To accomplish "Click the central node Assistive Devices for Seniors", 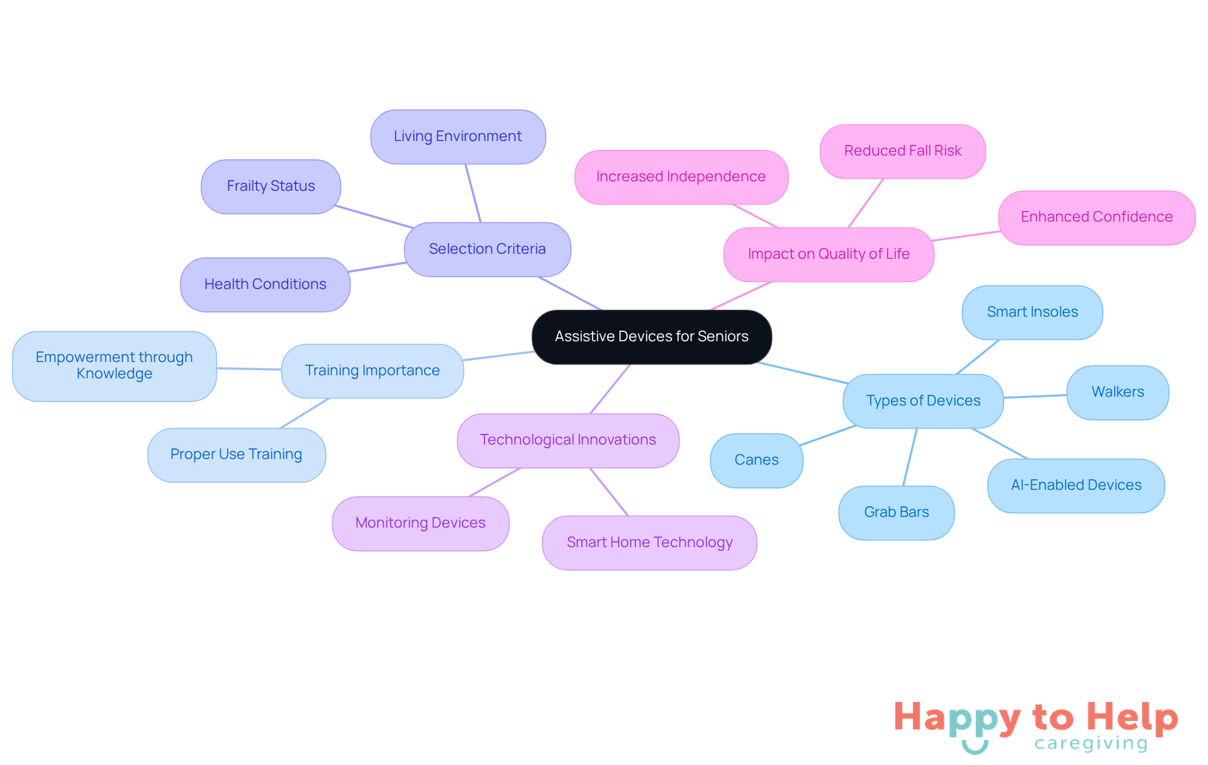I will click(x=652, y=337).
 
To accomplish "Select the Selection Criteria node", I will click(x=488, y=249).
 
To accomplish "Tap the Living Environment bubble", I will click(x=458, y=137).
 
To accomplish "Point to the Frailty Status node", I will click(x=271, y=186).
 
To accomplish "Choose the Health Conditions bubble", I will click(x=265, y=285).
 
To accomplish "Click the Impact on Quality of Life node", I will click(x=829, y=254).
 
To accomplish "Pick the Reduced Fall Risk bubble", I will click(x=903, y=151).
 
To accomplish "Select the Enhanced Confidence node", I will click(x=1097, y=217).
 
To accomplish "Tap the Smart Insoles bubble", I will click(x=1032, y=312).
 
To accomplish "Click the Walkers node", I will click(x=1117, y=392).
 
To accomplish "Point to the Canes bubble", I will click(x=756, y=460).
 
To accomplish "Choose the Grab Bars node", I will click(x=897, y=513).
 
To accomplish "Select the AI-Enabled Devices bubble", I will click(x=1076, y=485).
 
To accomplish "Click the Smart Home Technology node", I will click(x=649, y=543).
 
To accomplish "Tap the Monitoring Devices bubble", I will click(x=420, y=523).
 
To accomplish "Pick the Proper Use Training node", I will click(x=237, y=455).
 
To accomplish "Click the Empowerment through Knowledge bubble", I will click(x=115, y=366).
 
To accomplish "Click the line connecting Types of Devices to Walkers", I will click(x=1035, y=396).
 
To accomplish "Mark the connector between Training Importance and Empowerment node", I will click(x=249, y=369).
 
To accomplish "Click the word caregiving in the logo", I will click(x=1091, y=744).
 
